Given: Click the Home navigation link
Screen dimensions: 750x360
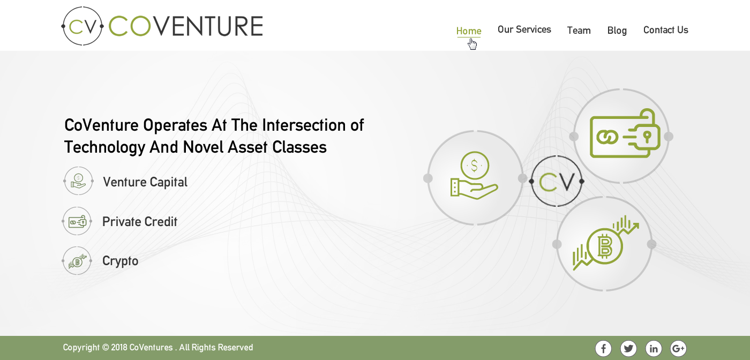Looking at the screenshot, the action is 469,31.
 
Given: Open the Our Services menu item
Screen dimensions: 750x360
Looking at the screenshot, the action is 524,29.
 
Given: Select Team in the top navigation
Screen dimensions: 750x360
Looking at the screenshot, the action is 579,31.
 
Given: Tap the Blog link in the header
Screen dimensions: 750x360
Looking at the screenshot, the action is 617,31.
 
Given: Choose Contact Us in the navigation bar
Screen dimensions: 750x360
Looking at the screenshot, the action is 665,30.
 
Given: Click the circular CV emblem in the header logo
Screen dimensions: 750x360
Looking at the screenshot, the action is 82,26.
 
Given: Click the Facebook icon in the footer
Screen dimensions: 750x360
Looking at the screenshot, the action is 603,349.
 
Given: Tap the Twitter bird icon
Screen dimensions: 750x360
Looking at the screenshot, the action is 628,349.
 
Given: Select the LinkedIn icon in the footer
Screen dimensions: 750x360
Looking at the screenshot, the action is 654,349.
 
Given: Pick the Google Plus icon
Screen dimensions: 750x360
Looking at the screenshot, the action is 678,349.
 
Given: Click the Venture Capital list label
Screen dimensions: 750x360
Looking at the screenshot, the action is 145,182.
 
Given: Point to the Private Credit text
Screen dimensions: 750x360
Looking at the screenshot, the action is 140,222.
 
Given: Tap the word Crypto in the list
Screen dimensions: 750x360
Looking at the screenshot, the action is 120,261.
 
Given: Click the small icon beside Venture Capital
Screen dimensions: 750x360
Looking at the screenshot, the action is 78,181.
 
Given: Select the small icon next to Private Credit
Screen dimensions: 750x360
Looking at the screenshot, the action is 77,221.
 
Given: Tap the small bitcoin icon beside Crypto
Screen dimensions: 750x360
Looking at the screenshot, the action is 77,261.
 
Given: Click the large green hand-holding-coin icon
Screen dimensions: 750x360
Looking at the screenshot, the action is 474,176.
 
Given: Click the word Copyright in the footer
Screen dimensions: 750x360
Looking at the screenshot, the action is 81,348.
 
